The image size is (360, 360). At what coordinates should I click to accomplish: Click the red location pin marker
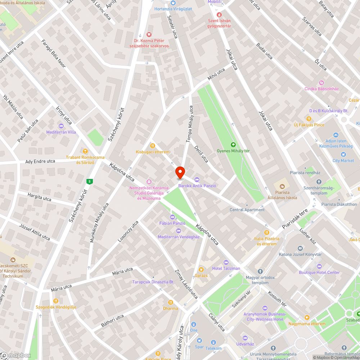pos(180,172)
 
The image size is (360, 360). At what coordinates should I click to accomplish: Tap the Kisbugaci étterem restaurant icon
pos(152,146)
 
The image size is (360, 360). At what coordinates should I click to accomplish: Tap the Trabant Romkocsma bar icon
pos(85,151)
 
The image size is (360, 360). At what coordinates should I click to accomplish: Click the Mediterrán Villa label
pos(61,132)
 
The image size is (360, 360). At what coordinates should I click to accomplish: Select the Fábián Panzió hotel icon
pos(172,217)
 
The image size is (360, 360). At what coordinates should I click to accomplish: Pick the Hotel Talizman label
pos(226,269)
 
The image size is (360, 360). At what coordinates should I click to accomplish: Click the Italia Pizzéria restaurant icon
pos(267,232)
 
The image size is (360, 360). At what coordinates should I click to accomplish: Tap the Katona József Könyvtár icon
pos(300,248)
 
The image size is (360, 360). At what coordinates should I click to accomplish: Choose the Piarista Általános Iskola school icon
pos(282,186)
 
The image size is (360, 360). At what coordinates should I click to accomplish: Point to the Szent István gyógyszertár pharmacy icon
pos(220,15)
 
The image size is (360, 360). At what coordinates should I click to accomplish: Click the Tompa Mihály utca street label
pos(190,124)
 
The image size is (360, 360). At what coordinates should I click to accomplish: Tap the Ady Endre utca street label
pos(40,161)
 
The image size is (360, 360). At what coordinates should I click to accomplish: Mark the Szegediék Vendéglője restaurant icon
pos(56,301)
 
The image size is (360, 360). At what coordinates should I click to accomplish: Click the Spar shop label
pos(199,347)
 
